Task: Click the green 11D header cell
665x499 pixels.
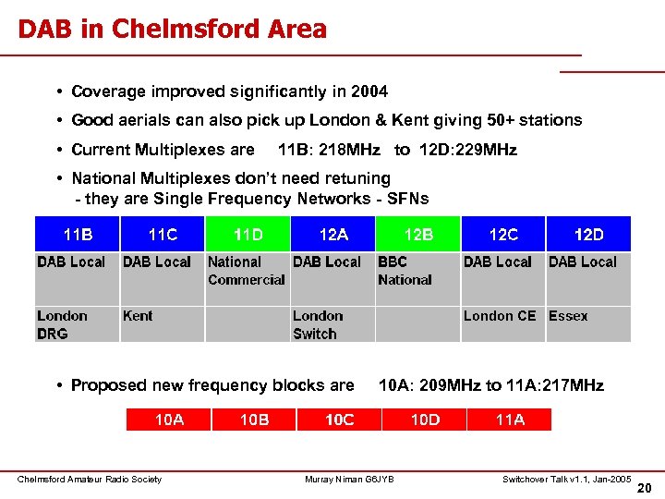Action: click(248, 234)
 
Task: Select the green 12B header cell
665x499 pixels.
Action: click(418, 234)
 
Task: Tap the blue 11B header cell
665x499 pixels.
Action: click(78, 234)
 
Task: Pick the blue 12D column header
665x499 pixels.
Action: click(588, 234)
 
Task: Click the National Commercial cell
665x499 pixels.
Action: click(247, 271)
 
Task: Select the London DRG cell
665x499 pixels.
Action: click(78, 324)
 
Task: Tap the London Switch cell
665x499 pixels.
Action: click(332, 324)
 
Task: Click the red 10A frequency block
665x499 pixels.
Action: click(168, 420)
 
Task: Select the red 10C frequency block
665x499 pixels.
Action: click(339, 420)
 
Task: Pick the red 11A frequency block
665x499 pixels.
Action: click(510, 420)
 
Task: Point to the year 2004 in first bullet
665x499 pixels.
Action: click(370, 91)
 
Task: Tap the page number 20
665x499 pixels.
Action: click(644, 487)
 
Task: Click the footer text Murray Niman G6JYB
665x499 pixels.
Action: click(349, 479)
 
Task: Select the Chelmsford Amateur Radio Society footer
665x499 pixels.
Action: click(90, 479)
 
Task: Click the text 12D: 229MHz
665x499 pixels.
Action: click(468, 150)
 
